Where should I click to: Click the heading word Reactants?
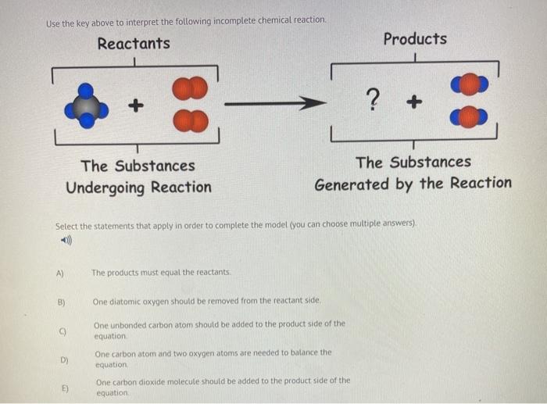pos(134,44)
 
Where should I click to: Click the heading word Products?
pos(415,39)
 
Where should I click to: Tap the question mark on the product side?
pos(373,98)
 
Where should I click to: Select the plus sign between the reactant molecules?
pos(137,103)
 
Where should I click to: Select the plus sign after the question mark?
pos(413,101)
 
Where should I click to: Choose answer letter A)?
pos(60,273)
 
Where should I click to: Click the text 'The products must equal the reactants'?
pos(161,273)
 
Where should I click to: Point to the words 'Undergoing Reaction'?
pos(138,188)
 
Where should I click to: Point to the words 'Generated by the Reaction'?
pos(413,184)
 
